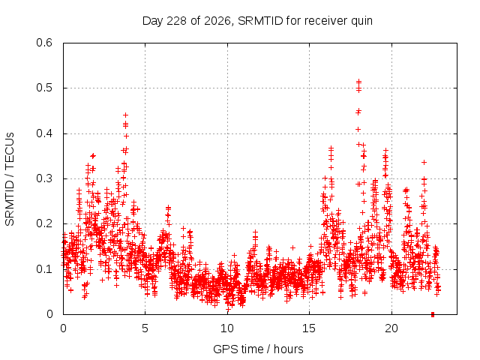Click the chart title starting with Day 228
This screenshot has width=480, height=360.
click(x=257, y=21)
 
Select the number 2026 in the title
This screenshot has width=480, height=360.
click(x=217, y=21)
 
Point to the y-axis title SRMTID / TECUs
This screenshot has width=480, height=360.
click(x=10, y=179)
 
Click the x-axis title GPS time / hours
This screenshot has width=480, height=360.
click(x=258, y=349)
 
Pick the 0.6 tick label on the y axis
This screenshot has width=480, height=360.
click(x=44, y=43)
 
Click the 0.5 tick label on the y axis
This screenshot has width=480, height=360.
click(x=44, y=88)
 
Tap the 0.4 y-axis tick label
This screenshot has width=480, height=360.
click(x=44, y=133)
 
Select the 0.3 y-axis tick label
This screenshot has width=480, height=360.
click(x=44, y=178)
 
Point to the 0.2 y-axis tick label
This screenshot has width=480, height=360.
click(x=44, y=223)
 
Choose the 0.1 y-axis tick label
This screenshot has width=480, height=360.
click(x=44, y=269)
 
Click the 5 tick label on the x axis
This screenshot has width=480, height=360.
click(x=145, y=328)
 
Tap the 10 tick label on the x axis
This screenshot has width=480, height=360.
click(x=227, y=328)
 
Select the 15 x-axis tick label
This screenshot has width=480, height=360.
click(x=309, y=328)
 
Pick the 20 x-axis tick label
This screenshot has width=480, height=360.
click(x=391, y=328)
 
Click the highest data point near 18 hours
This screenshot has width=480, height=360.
click(x=358, y=82)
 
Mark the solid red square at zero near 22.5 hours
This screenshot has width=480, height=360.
click(x=433, y=314)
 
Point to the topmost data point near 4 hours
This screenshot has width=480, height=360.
click(x=125, y=115)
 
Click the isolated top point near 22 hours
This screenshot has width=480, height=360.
click(x=424, y=162)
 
